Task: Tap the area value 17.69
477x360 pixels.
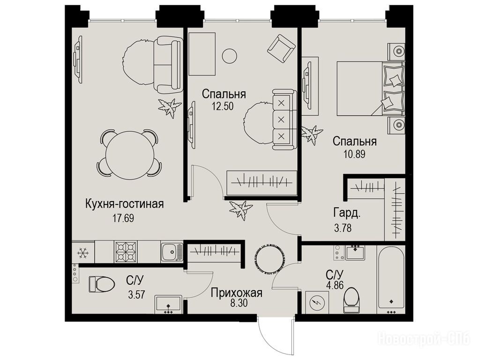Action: (123, 218)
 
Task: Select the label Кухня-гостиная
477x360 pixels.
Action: (125, 204)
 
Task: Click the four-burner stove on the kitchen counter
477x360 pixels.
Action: (126, 252)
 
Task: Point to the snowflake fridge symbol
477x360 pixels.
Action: (83, 252)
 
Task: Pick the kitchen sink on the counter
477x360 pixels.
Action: (172, 252)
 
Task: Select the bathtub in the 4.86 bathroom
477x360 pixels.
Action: (391, 279)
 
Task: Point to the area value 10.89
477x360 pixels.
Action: (354, 154)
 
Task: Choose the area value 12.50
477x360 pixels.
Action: (223, 106)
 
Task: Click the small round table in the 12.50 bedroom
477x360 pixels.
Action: (230, 56)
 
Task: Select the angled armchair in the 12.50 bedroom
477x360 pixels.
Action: (282, 48)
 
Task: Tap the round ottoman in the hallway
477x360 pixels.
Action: (269, 259)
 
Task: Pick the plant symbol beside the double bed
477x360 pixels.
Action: (312, 134)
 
